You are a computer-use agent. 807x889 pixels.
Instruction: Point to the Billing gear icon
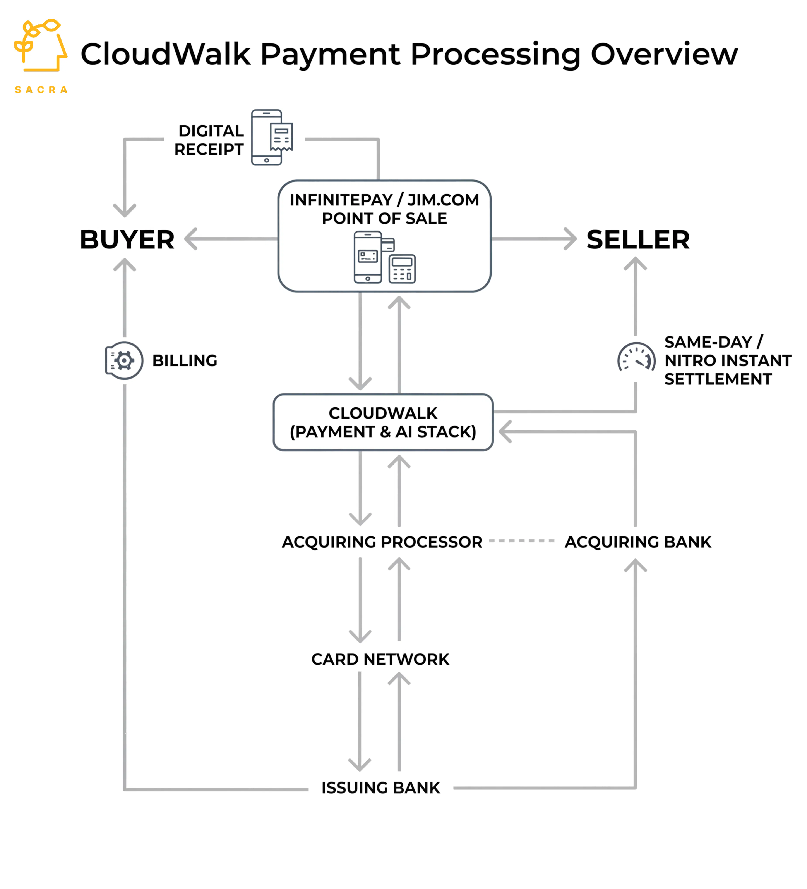pos(124,361)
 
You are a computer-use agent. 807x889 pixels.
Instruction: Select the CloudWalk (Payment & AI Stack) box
pos(383,422)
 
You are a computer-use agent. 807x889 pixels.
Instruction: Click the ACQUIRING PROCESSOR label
pos(382,542)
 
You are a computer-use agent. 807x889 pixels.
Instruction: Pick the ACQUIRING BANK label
pos(638,542)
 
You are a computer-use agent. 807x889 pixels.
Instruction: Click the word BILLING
pos(185,361)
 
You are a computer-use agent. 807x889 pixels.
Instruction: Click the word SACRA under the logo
pos(41,90)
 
